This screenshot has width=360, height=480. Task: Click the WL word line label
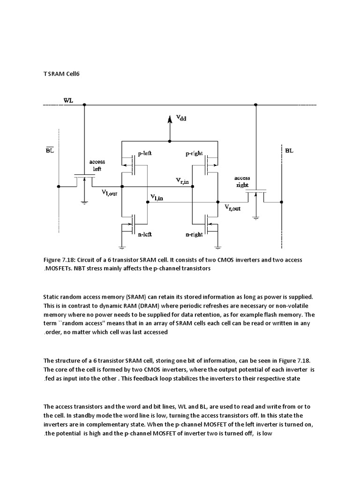(68, 100)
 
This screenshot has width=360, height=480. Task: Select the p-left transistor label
(145, 153)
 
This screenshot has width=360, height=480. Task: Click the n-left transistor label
(145, 234)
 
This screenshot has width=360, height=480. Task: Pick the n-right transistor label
(194, 234)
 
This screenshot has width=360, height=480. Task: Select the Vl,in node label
(157, 198)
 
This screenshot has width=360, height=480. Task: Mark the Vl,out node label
(111, 192)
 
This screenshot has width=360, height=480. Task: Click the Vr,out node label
(232, 208)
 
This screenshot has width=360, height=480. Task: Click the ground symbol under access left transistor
(84, 202)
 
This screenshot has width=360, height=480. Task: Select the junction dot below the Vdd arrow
(170, 141)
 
